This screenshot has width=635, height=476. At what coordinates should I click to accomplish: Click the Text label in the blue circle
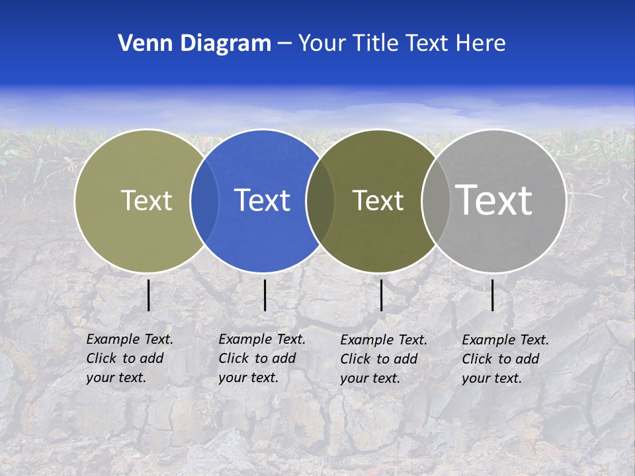(x=263, y=200)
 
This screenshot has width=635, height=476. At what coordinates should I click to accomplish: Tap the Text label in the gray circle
(x=494, y=200)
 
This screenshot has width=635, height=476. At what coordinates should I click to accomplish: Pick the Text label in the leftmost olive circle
(x=146, y=200)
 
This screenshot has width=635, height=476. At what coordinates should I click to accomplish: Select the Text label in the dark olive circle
(x=378, y=200)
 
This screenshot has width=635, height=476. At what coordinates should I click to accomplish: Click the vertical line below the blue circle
(x=265, y=295)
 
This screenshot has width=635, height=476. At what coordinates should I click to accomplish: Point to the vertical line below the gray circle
(x=493, y=295)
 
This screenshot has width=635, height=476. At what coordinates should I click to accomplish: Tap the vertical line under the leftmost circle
(x=149, y=295)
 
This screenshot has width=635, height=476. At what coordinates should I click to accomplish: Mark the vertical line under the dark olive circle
(x=382, y=295)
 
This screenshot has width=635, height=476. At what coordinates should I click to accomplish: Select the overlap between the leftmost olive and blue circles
(x=204, y=200)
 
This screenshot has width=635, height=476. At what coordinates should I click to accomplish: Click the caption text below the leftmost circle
(x=130, y=358)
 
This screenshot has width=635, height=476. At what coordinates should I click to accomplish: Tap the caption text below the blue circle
(x=262, y=358)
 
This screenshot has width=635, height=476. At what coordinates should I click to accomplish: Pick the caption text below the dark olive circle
(x=384, y=359)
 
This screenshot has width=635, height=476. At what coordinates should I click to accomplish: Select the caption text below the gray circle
(x=505, y=359)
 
